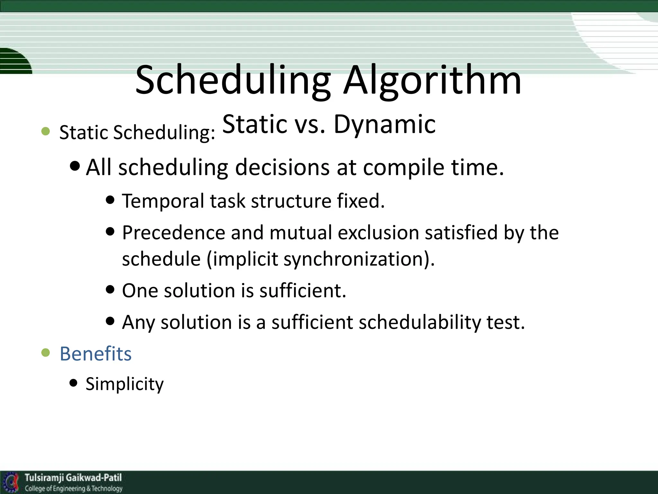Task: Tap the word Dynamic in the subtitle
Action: pos(385,124)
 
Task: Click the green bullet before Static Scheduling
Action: pos(46,131)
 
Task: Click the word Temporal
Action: pos(163,201)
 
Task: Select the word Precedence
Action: pos(173,233)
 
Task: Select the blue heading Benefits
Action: pos(96,354)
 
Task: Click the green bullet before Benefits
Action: pos(46,353)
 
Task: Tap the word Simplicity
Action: pos(125,384)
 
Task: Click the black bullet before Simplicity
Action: pos(74,383)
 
